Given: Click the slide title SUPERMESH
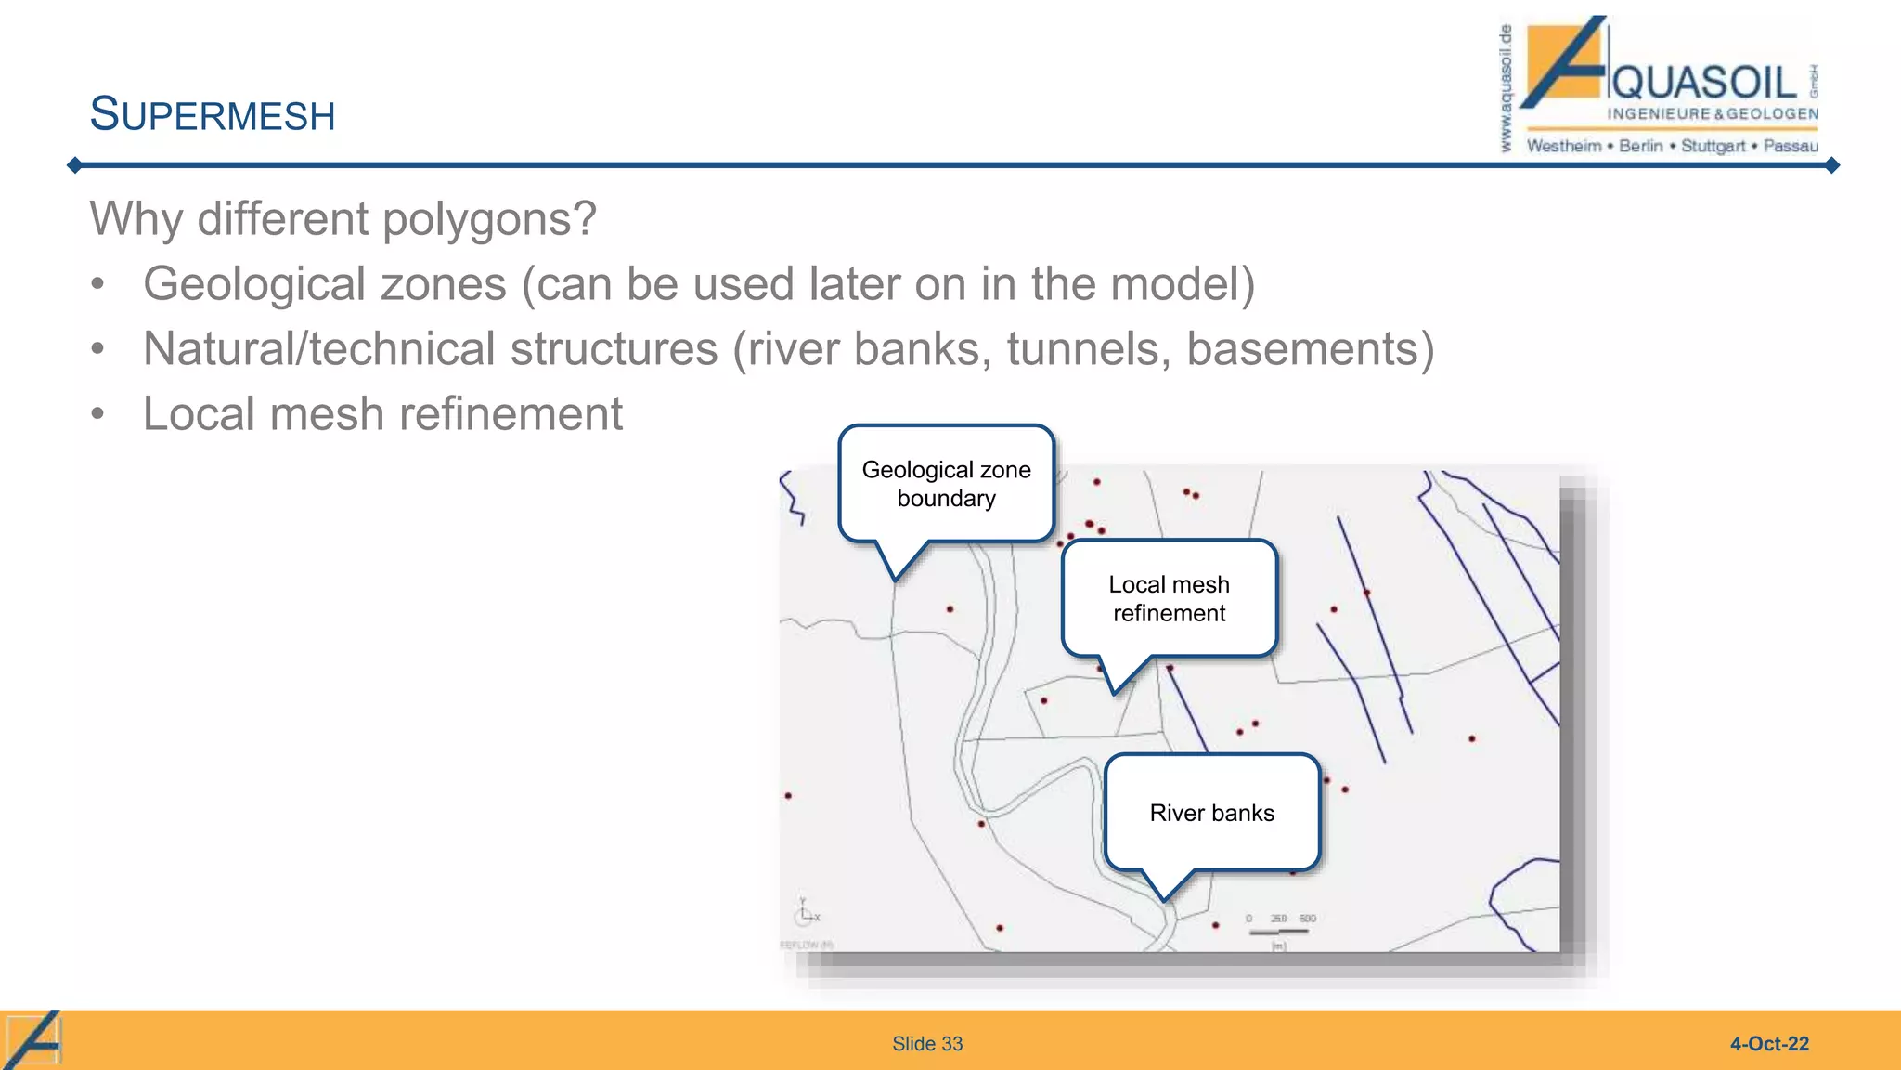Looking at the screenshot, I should pyautogui.click(x=212, y=115).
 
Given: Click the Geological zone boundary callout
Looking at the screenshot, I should pyautogui.click(x=946, y=484).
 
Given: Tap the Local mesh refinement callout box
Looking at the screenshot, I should pyautogui.click(x=1169, y=599).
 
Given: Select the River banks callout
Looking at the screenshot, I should pyautogui.click(x=1211, y=813).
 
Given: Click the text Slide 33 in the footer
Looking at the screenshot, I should pyautogui.click(x=927, y=1044).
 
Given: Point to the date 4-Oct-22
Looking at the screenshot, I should pyautogui.click(x=1768, y=1044).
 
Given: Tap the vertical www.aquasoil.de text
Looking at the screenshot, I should pyautogui.click(x=1506, y=89).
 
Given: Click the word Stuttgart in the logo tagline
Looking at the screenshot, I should pyautogui.click(x=1713, y=146).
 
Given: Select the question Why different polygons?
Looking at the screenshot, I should pyautogui.click(x=343, y=219).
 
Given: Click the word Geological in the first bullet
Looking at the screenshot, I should pyautogui.click(x=253, y=284).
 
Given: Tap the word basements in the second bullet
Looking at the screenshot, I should pyautogui.click(x=1302, y=349).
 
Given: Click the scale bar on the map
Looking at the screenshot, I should pyautogui.click(x=1279, y=929).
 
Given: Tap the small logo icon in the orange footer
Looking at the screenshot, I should pyautogui.click(x=33, y=1039).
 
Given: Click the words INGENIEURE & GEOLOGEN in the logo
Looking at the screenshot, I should pyautogui.click(x=1713, y=114).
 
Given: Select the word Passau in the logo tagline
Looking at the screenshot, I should pyautogui.click(x=1791, y=146).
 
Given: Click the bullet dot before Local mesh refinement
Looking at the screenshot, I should pyautogui.click(x=98, y=414).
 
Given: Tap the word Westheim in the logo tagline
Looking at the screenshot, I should pyautogui.click(x=1564, y=146).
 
